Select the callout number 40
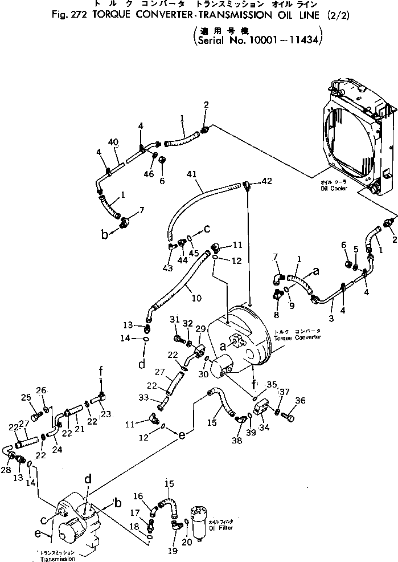(x=113, y=141)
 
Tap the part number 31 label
(x=175, y=319)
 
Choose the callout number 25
(x=26, y=397)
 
